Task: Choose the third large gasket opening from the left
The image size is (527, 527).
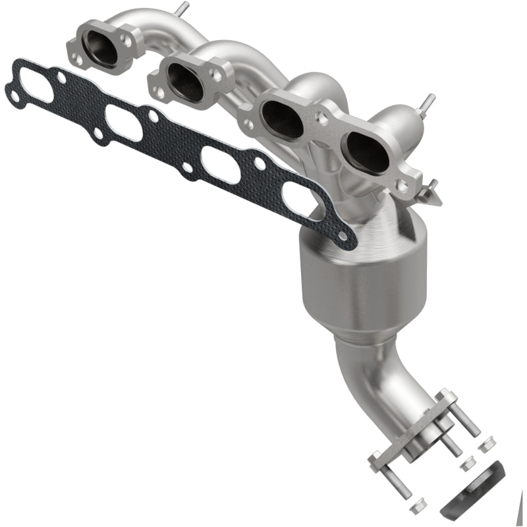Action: coord(220,163)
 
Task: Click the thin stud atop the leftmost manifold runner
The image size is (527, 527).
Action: coord(182,9)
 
